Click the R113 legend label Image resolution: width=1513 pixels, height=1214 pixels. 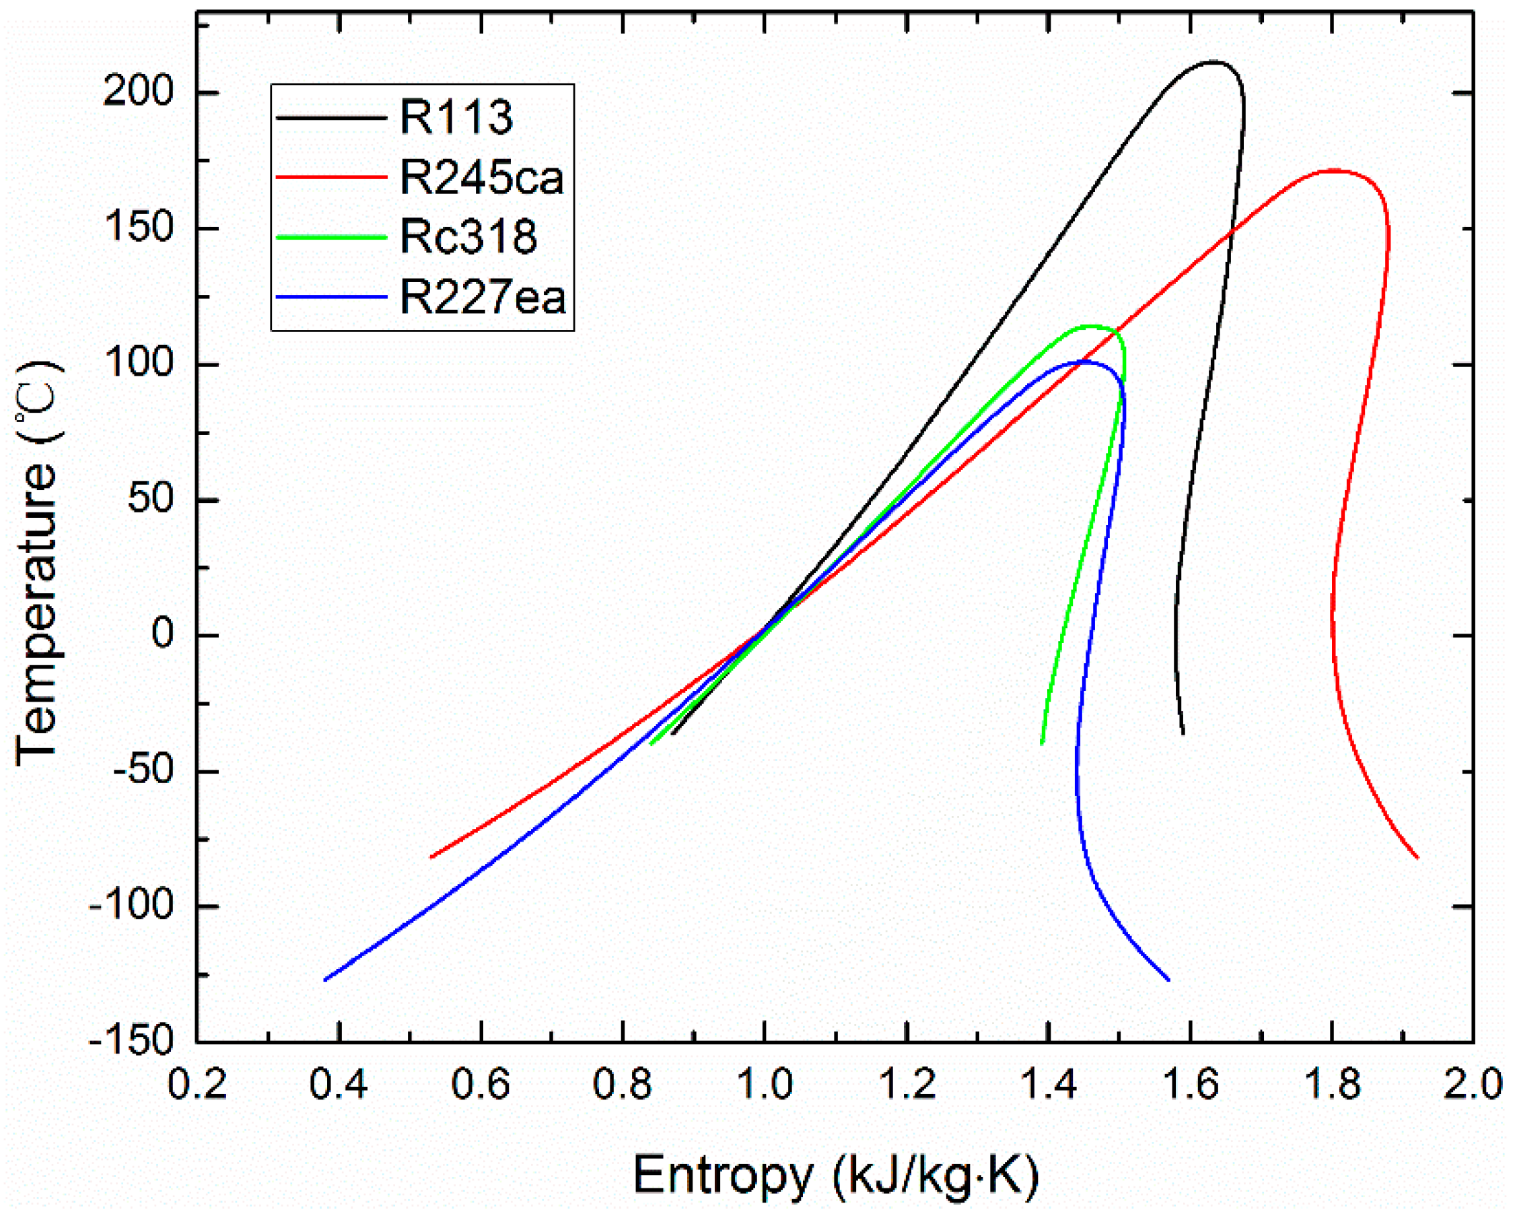[456, 117]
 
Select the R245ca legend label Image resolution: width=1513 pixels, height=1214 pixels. [482, 178]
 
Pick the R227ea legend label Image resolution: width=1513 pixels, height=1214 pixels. [483, 296]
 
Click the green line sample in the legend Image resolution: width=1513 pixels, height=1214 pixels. [332, 237]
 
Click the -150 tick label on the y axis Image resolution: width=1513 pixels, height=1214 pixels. [131, 1040]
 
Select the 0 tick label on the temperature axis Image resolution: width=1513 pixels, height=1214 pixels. [162, 634]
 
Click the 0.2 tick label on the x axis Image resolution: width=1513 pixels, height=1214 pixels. [198, 1085]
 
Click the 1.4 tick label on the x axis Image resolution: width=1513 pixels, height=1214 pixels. [1049, 1085]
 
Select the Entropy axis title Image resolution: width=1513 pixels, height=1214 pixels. [835, 1174]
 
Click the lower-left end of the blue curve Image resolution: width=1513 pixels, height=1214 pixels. [325, 980]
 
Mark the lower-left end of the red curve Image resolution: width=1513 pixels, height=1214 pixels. [431, 857]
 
